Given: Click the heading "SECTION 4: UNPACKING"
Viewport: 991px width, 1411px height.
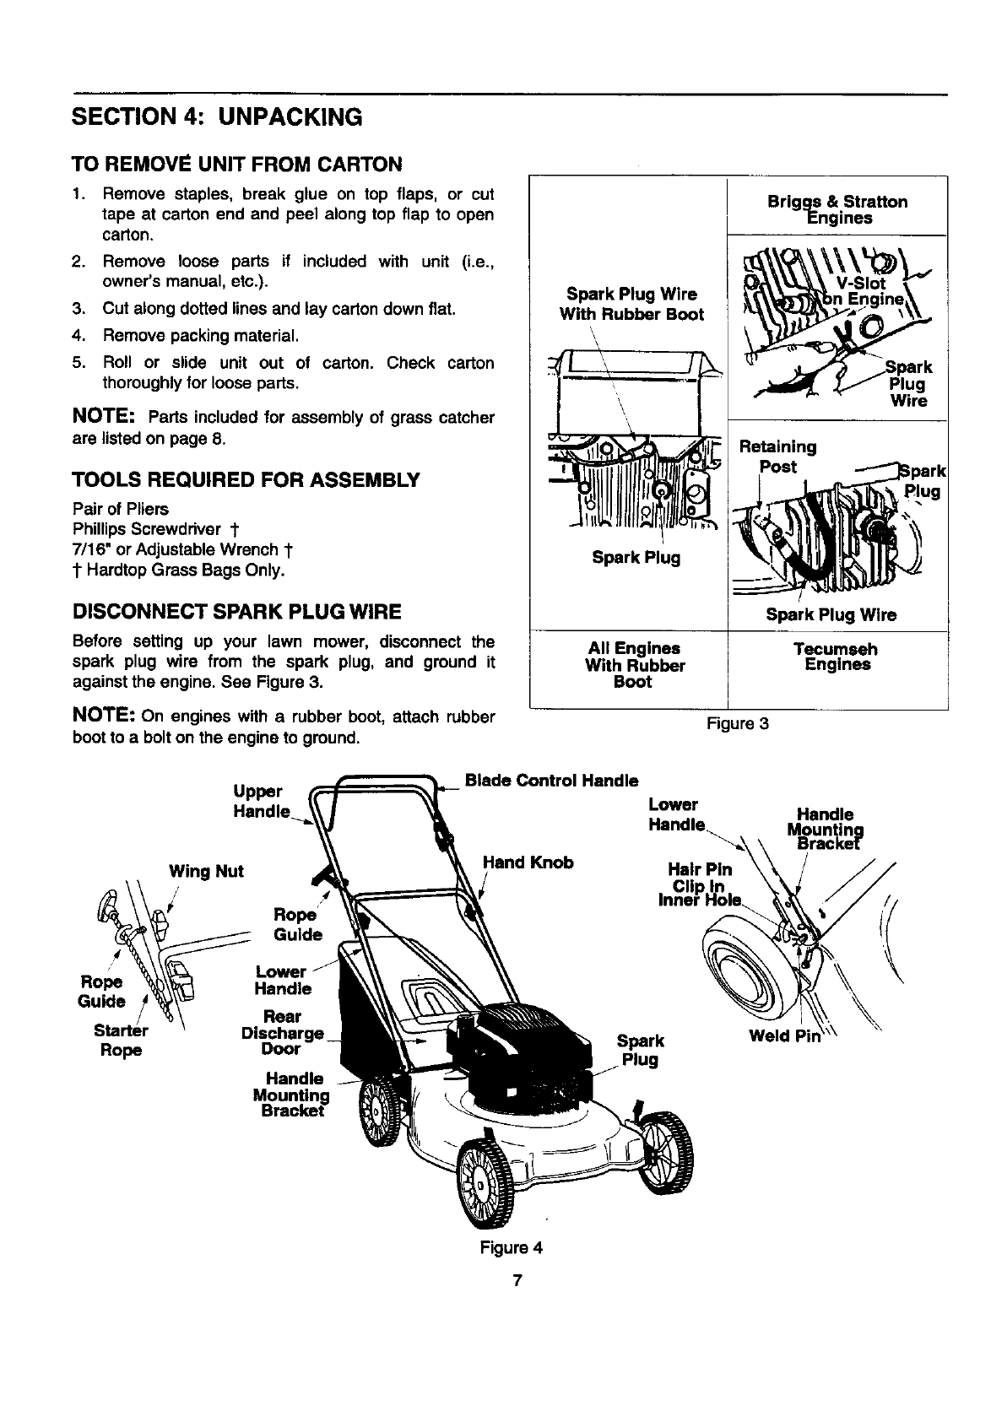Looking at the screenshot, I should click(217, 116).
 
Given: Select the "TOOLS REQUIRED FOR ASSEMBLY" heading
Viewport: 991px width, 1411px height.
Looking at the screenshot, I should click(246, 481).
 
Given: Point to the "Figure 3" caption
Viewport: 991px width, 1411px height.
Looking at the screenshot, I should click(738, 724).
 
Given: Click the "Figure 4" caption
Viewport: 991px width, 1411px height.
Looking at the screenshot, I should click(512, 1247).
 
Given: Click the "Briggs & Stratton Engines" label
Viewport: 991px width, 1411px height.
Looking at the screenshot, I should click(837, 210).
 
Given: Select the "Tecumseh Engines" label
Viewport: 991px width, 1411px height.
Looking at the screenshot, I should click(837, 657).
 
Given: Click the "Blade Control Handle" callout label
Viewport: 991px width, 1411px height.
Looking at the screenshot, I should click(552, 781).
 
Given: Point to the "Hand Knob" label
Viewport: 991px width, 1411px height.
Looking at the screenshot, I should click(528, 862).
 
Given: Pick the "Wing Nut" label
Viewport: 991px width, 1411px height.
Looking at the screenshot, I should click(206, 871).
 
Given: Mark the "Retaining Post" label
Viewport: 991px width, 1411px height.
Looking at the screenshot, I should click(777, 456).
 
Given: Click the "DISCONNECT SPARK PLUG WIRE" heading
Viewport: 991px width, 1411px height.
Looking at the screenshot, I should click(237, 611).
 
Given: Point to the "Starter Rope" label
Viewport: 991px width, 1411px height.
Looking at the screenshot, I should click(121, 1041).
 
